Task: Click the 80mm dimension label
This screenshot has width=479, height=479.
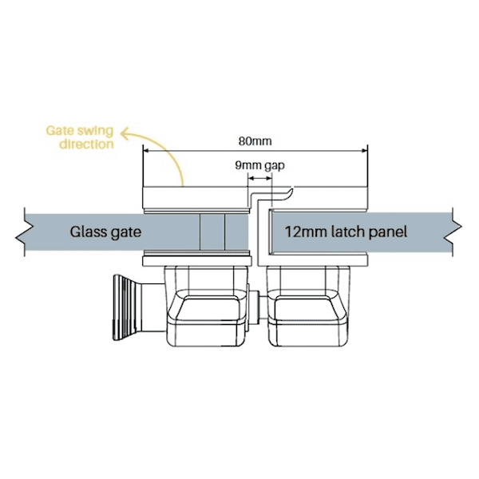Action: pos(255,141)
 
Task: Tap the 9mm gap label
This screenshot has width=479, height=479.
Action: pos(259,165)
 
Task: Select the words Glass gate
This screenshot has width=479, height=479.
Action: pos(105,232)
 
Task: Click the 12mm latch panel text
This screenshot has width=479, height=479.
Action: pos(346,232)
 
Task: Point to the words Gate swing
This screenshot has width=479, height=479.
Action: pos(80,131)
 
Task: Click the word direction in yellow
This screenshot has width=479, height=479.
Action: pos(86,144)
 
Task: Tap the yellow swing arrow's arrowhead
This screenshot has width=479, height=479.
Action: pos(125,133)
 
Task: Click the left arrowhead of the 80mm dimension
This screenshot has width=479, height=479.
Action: pos(146,150)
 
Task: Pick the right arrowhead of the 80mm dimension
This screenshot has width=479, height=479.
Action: pos(365,150)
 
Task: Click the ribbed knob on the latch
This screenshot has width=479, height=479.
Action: pos(127,307)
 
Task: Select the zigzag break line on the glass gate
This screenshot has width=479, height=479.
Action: pos(21,232)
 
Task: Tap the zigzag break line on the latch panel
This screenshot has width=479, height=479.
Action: pos(457,232)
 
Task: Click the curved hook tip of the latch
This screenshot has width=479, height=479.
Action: pos(290,193)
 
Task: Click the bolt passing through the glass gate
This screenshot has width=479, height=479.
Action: pos(212,232)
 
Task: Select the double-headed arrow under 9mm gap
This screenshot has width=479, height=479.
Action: pos(259,178)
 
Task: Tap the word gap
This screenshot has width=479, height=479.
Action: pos(275,166)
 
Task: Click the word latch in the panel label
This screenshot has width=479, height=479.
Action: pos(349,232)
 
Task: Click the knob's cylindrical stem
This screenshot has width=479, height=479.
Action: pos(153,307)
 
